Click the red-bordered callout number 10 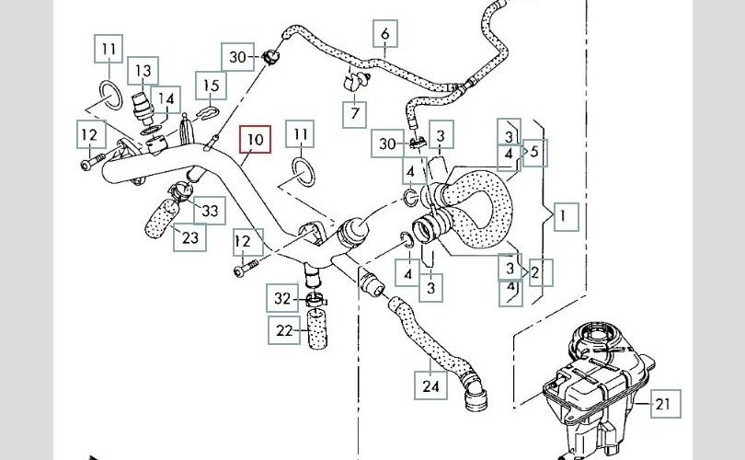coord(255,140)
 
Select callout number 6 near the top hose coord(384,35)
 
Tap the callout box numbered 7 coord(351,115)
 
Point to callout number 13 coord(143,71)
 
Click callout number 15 coord(212,87)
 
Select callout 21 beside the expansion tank coord(663,402)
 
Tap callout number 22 coord(283,328)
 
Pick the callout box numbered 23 coord(189,237)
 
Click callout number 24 coord(430,386)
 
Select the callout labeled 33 coord(210,212)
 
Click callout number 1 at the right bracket coord(565,217)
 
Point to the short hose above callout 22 coord(317,327)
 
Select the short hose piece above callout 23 coord(160,218)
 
